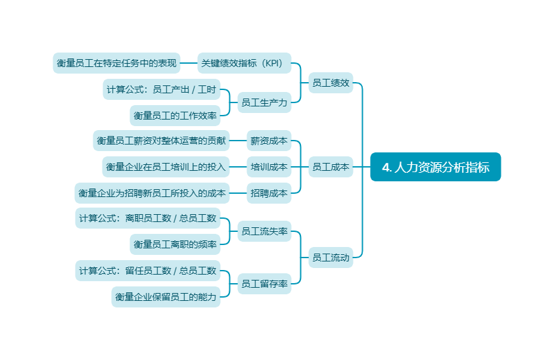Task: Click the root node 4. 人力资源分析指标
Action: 435,167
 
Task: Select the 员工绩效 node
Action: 331,83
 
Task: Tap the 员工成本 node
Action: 331,167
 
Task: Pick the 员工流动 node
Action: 331,258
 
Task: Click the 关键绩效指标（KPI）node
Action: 244,63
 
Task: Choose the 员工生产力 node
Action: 264,102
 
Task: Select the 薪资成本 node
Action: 269,141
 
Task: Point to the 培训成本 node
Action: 269,167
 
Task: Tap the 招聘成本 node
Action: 269,193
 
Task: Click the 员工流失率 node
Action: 264,231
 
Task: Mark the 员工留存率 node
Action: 264,284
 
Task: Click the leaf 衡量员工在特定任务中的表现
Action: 116,63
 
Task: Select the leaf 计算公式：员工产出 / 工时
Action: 161,89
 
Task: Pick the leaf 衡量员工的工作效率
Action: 175,116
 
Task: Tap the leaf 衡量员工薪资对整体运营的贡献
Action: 161,141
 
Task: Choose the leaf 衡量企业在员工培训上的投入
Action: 166,167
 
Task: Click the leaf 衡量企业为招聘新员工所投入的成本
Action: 152,193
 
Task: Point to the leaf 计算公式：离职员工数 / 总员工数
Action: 147,218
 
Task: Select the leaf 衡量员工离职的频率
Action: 175,244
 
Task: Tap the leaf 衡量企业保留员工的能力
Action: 166,297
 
